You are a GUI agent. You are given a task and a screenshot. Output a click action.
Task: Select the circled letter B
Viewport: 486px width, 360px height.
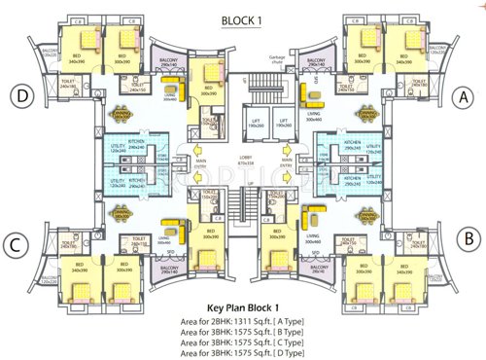click(x=466, y=235)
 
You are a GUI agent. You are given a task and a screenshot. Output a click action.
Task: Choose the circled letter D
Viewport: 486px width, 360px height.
click(x=20, y=95)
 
